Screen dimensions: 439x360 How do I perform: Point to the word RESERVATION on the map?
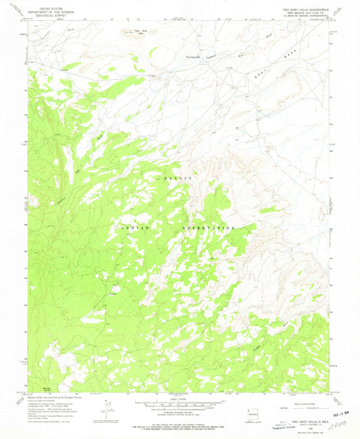[209, 229]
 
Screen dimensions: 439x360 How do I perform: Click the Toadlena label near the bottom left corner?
[47, 390]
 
